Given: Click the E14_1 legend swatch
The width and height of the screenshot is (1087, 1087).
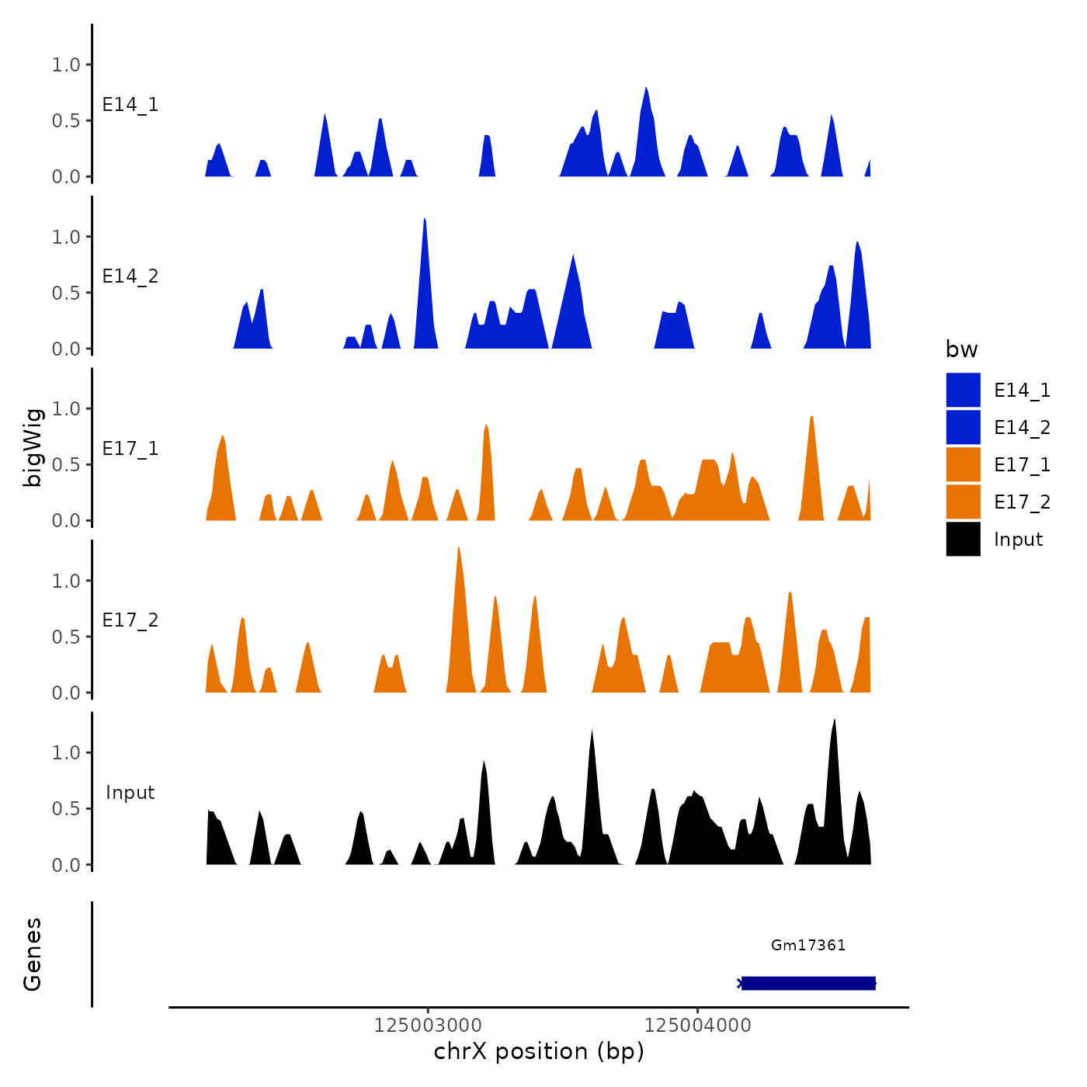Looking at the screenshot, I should point(963,390).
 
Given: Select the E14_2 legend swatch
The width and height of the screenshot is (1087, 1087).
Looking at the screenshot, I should point(963,427).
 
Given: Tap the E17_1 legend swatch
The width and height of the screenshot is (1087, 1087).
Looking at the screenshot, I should point(963,464).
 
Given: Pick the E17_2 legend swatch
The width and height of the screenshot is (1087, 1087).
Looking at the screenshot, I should point(963,502).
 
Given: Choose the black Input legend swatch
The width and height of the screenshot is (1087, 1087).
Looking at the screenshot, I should point(963,539).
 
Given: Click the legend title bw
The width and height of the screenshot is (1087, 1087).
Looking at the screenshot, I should point(961,349).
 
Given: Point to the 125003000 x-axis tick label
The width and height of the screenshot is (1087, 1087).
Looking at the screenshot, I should point(428,1025).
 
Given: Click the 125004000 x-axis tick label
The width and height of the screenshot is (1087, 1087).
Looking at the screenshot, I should point(697,1025).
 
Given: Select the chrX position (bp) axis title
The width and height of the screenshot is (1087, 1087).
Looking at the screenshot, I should point(539,1051).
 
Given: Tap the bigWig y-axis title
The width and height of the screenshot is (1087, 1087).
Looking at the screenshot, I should point(33,447).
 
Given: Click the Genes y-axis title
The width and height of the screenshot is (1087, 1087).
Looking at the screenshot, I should point(33,954).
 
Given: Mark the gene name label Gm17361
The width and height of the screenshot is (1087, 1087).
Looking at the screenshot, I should point(808,945).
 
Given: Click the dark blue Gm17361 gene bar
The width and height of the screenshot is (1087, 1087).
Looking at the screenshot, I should point(808,983).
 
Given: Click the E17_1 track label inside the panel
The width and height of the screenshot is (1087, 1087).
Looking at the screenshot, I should point(130,448).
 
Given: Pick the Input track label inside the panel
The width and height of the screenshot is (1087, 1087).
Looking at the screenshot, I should point(130,792).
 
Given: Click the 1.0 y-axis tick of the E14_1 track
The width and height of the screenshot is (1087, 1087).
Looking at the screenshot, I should point(66,64).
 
